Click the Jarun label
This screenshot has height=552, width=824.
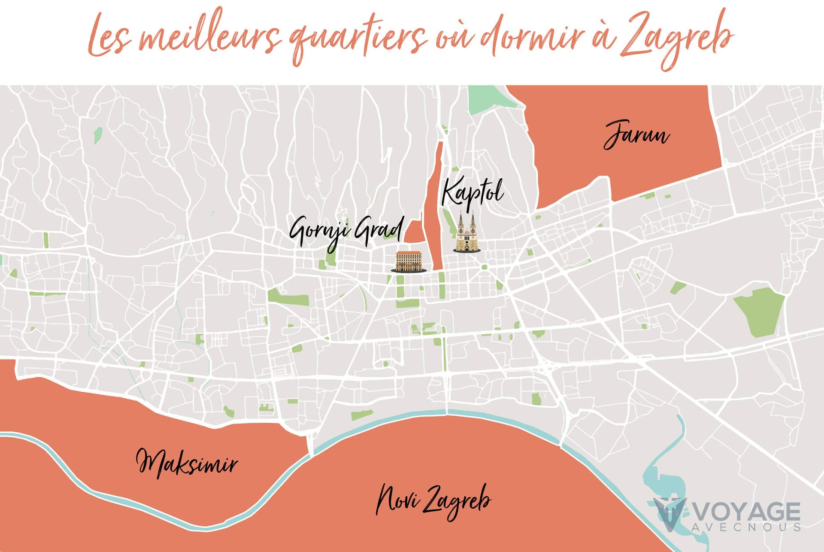pos(636,135)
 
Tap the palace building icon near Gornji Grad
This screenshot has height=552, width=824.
pos(409,262)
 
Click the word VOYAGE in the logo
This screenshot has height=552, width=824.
pos(747,512)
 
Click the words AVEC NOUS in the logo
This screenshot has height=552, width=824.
pos(747,527)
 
